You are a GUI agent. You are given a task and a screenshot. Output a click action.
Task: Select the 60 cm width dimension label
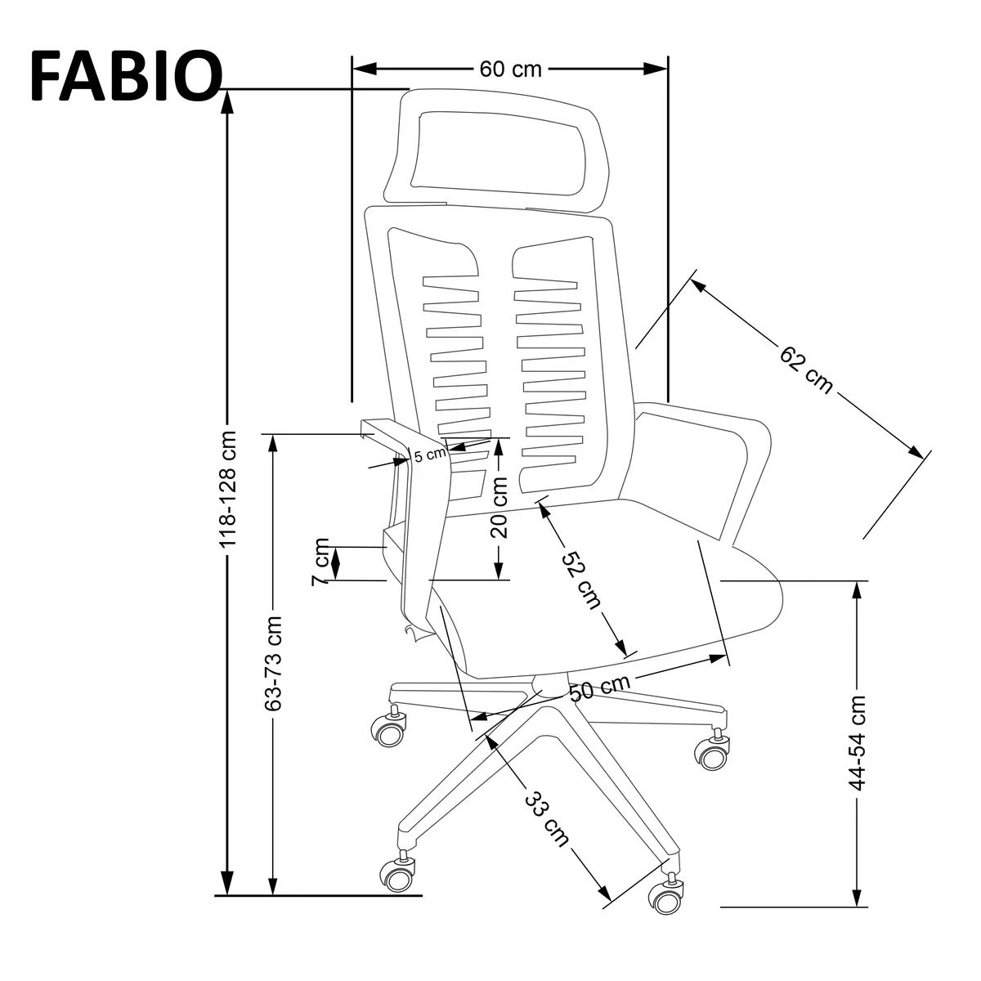click(510, 69)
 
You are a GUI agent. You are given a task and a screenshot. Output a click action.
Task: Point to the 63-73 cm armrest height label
click(274, 662)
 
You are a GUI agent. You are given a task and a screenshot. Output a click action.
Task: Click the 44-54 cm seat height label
click(857, 742)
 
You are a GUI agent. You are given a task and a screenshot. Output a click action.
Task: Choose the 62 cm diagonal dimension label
click(806, 370)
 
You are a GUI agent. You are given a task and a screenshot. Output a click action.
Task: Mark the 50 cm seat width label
click(599, 688)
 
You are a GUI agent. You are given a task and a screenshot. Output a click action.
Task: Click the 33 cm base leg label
click(545, 817)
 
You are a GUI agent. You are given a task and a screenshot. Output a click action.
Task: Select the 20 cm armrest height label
click(500, 507)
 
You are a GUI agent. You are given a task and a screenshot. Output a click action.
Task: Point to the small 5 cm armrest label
click(429, 455)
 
